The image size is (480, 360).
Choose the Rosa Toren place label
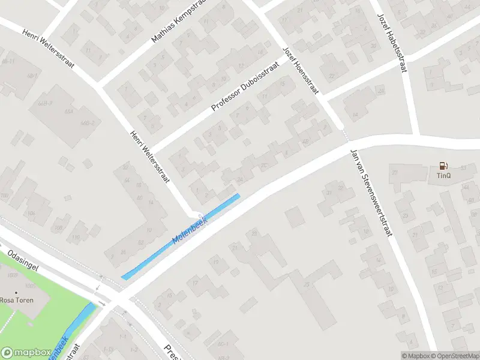tap(17, 300)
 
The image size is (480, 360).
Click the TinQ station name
tap(443, 176)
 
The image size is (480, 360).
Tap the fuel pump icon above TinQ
tap(443, 165)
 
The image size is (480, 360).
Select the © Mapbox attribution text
tap(416, 356)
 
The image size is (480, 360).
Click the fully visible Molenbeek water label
tap(190, 229)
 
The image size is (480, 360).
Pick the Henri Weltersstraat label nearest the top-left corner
tap(48, 47)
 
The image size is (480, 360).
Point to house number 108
tap(58, 228)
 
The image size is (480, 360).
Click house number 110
tap(76, 238)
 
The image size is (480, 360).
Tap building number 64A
tap(68, 111)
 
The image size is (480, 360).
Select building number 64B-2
tap(88, 123)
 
